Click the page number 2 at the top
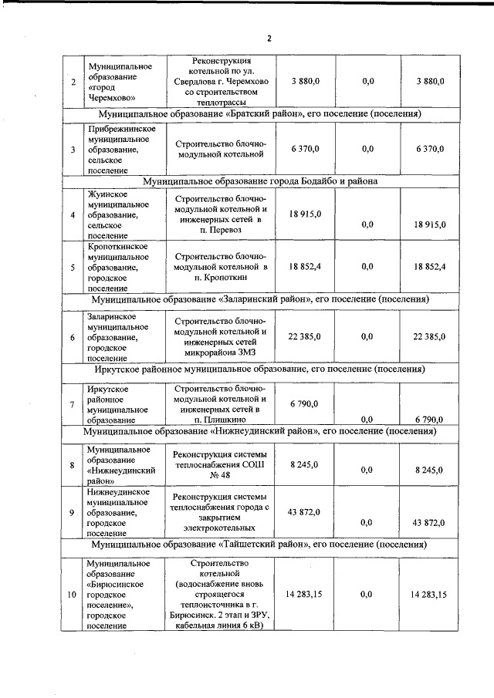pos(269,39)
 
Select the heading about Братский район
pos(255,114)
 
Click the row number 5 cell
pos(72,267)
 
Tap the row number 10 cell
pos(72,594)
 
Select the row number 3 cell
pos(72,148)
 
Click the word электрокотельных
pos(220,531)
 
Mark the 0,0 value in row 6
pos(367,336)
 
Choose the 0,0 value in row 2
pos(367,80)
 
